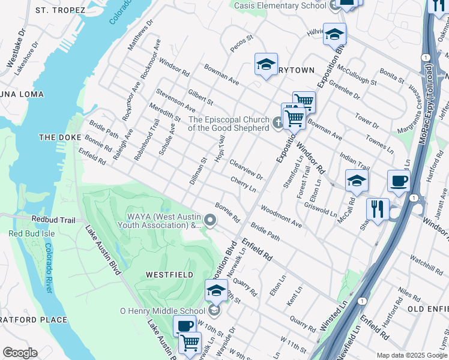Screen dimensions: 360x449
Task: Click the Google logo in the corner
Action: tap(20, 353)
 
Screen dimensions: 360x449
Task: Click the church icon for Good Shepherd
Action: tap(277, 124)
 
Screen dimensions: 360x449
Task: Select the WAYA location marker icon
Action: tap(210, 221)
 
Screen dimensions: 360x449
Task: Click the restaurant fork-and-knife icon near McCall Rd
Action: tap(378, 209)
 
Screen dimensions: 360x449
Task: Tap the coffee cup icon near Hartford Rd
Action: tap(399, 181)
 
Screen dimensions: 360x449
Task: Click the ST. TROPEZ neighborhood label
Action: tap(59, 10)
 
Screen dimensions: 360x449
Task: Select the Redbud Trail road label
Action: tap(53, 220)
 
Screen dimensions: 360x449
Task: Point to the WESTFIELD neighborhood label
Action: tap(170, 275)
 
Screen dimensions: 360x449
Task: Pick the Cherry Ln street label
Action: tap(243, 184)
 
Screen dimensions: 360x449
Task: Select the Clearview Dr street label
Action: tap(246, 169)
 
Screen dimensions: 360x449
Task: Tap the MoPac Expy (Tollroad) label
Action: tap(429, 89)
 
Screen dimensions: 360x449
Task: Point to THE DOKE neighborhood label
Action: tap(59, 137)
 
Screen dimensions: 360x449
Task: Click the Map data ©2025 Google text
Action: tap(411, 355)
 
